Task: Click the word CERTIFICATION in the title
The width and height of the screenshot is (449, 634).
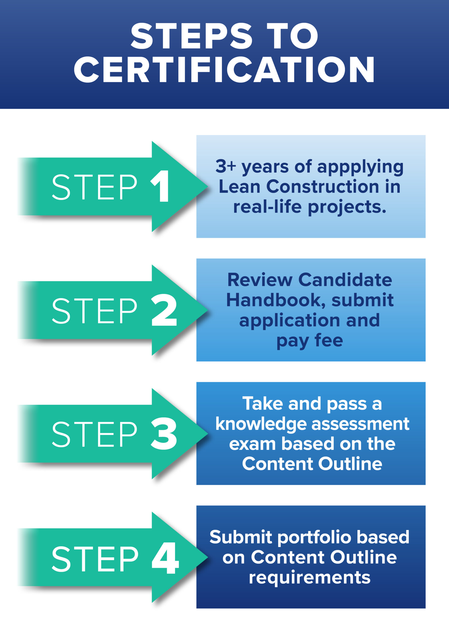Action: coord(224,69)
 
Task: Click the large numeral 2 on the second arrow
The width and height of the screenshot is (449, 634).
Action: coord(164,310)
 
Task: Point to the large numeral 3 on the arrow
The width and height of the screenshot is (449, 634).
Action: coord(164,434)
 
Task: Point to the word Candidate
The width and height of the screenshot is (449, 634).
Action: coord(345,280)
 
